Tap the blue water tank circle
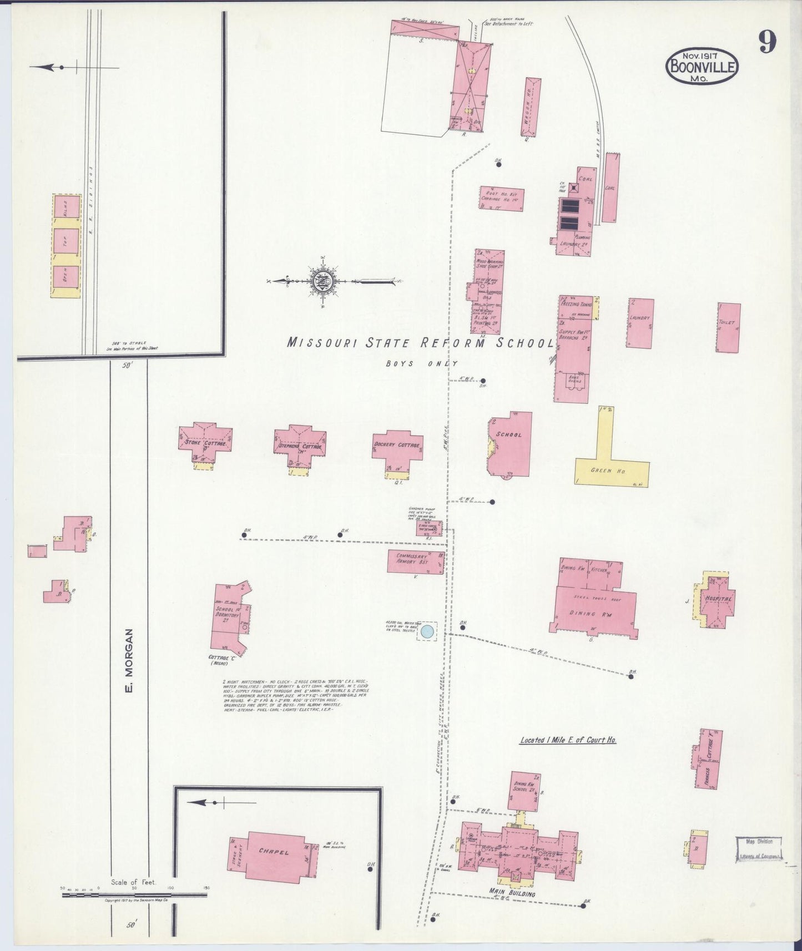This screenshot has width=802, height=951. pyautogui.click(x=427, y=631)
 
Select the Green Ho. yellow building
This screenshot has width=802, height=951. pyautogui.click(x=611, y=469)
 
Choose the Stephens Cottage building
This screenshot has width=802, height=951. pyautogui.click(x=300, y=445)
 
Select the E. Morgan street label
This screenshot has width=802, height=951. pyautogui.click(x=129, y=660)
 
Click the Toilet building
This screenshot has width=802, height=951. pyautogui.click(x=728, y=327)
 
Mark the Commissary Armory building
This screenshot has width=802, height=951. pyautogui.click(x=415, y=561)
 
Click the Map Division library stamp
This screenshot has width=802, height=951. pyautogui.click(x=759, y=849)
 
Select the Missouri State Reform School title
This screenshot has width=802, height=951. pyautogui.click(x=420, y=343)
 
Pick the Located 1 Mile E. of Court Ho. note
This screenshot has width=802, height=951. pyautogui.click(x=568, y=740)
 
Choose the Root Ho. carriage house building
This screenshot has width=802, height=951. pyautogui.click(x=501, y=198)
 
